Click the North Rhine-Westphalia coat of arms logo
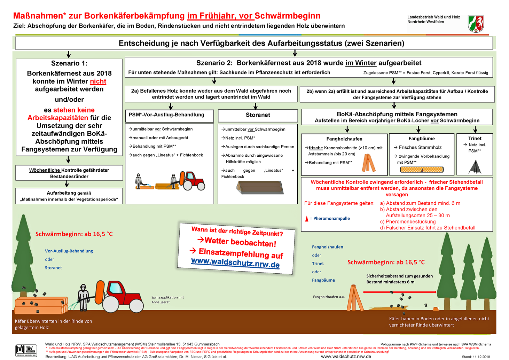coord(476,24)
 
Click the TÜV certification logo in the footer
coord(26,350)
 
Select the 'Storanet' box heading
coord(258,115)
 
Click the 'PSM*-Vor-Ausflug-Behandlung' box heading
coord(166,115)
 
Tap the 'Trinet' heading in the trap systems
coord(475,139)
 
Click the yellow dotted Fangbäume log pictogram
coord(422,170)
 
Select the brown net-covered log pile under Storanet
coord(260,188)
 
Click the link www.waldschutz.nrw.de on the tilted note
coord(235,263)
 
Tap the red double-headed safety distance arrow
coord(399,292)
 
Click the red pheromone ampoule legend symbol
coord(307,219)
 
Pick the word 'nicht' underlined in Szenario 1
coord(98,81)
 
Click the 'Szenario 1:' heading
coord(69,63)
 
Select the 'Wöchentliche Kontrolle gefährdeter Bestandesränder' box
coord(69,173)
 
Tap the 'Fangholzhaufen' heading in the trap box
coord(344,139)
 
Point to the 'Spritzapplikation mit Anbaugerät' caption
coord(167,300)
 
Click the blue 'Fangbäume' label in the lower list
coord(323,280)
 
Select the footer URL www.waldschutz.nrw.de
coord(346,357)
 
